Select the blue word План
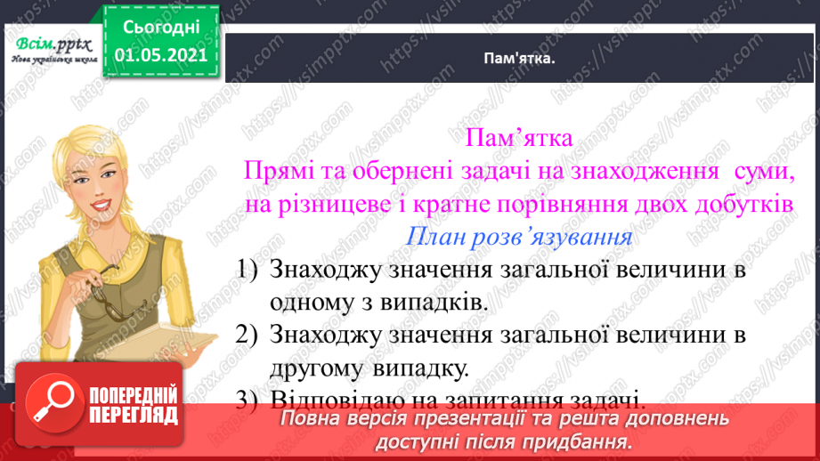(435, 237)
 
